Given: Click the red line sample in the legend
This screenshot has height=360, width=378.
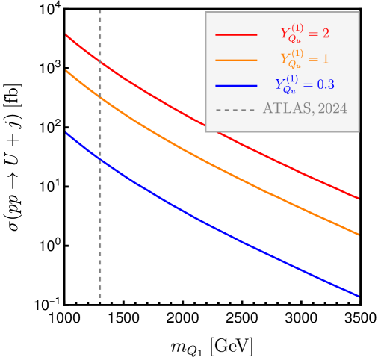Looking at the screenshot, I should [x=236, y=34].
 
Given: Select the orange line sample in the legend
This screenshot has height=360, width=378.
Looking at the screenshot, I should [x=236, y=60].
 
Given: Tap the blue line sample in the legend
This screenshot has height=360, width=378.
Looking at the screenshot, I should [x=236, y=85].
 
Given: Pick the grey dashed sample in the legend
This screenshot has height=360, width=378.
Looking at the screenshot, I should [x=236, y=110].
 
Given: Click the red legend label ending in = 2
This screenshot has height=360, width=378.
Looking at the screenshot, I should [x=304, y=33].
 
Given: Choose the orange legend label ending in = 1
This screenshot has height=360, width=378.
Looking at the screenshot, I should [x=304, y=58].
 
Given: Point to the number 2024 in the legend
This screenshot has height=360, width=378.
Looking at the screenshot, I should [x=332, y=109].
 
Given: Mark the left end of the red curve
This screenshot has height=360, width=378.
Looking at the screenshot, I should [x=66, y=34].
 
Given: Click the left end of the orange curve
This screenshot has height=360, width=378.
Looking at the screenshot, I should [x=66, y=71].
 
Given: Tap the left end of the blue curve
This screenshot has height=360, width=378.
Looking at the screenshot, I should [x=66, y=133].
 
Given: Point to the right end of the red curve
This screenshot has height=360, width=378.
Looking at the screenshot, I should [x=359, y=199].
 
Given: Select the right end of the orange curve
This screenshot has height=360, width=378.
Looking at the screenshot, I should [x=359, y=235].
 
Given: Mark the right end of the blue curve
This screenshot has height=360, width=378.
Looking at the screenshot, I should [x=359, y=297].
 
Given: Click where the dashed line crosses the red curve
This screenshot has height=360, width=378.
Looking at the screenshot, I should [x=100, y=61].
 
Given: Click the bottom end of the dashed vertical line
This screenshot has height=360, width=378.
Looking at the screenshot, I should [x=100, y=302].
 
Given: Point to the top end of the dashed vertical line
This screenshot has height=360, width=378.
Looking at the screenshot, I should [x=100, y=11].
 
